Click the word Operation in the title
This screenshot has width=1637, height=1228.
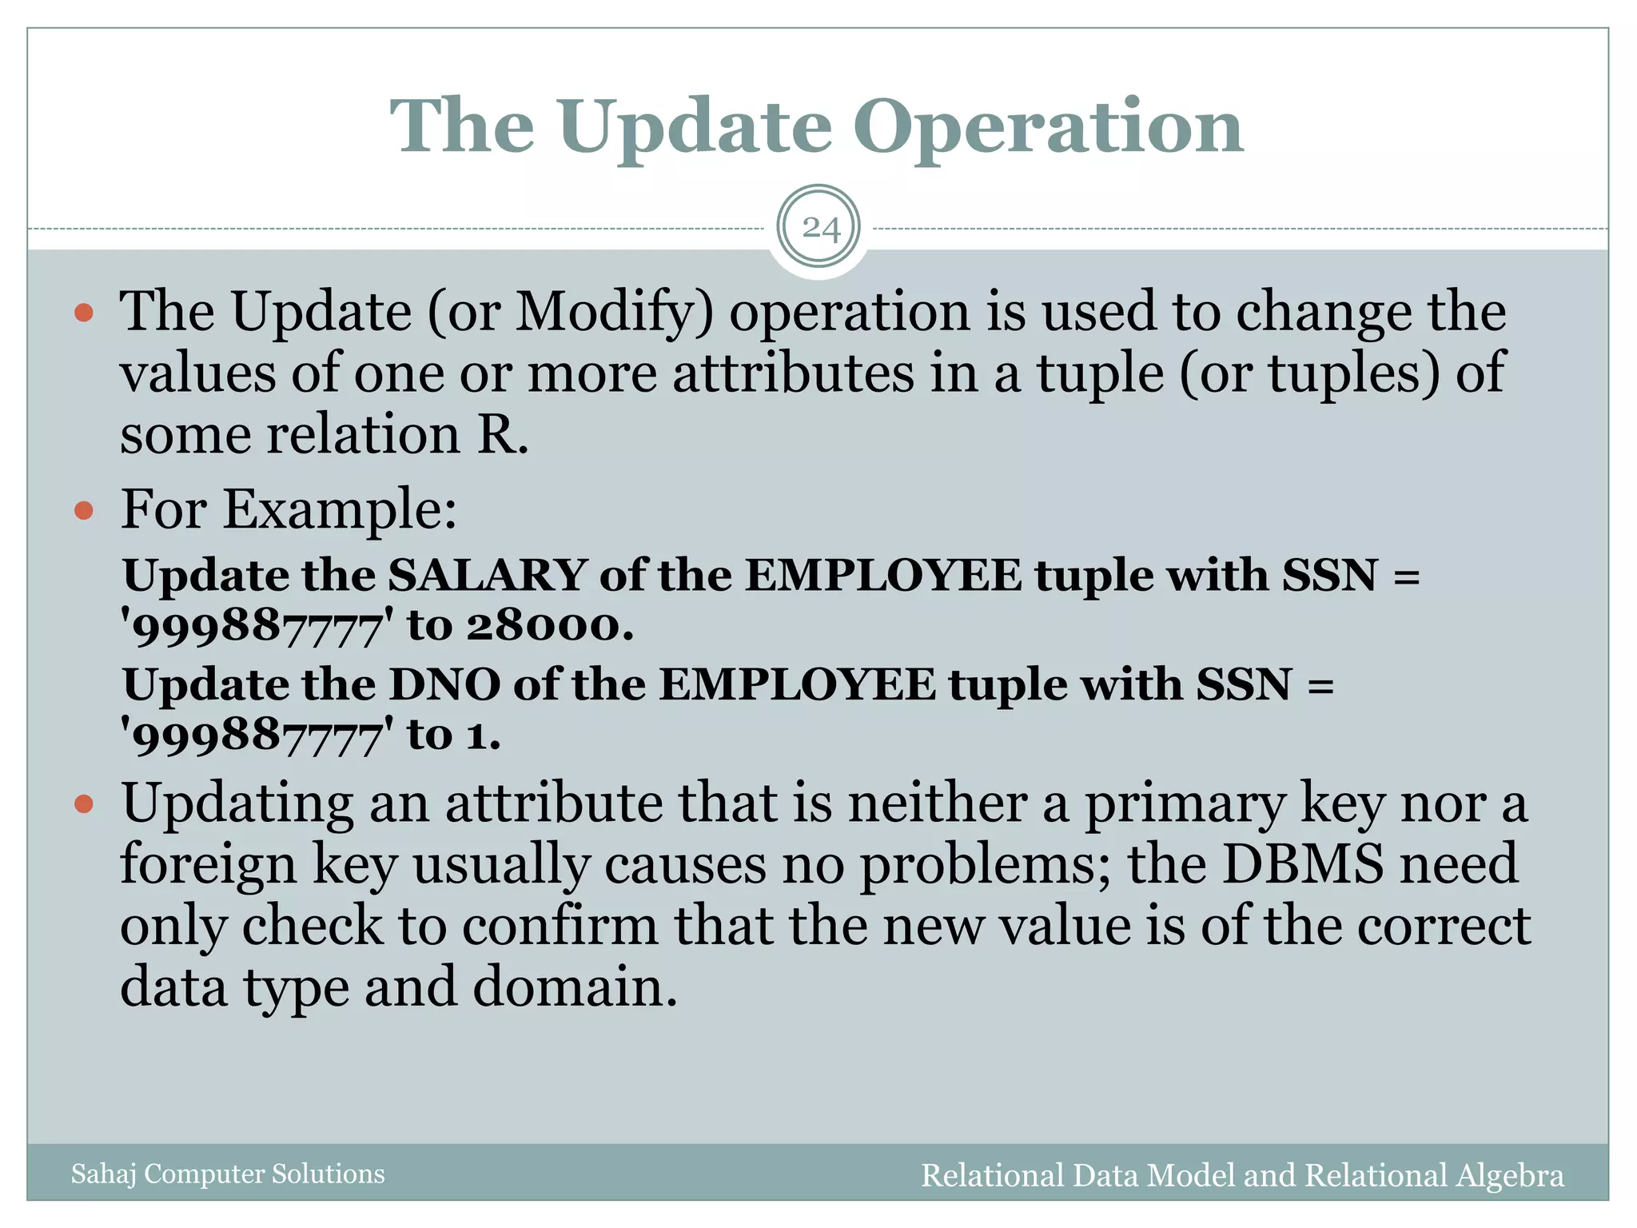[1048, 128]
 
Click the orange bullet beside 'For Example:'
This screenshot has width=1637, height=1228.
[84, 509]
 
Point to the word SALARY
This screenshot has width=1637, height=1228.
[488, 575]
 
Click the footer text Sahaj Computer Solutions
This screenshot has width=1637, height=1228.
[228, 1174]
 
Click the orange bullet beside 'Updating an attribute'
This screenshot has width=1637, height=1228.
[84, 803]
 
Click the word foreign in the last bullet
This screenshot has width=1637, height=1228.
[208, 865]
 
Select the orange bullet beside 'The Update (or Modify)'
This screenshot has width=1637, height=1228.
[84, 313]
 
